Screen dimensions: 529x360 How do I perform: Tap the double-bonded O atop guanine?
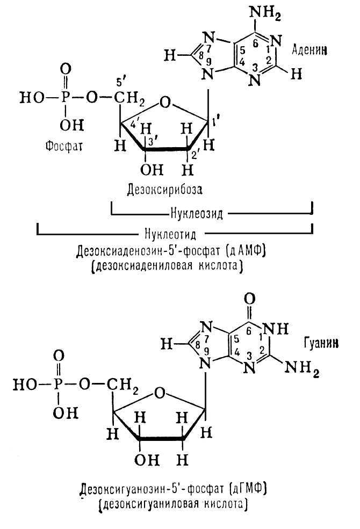[249, 299]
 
